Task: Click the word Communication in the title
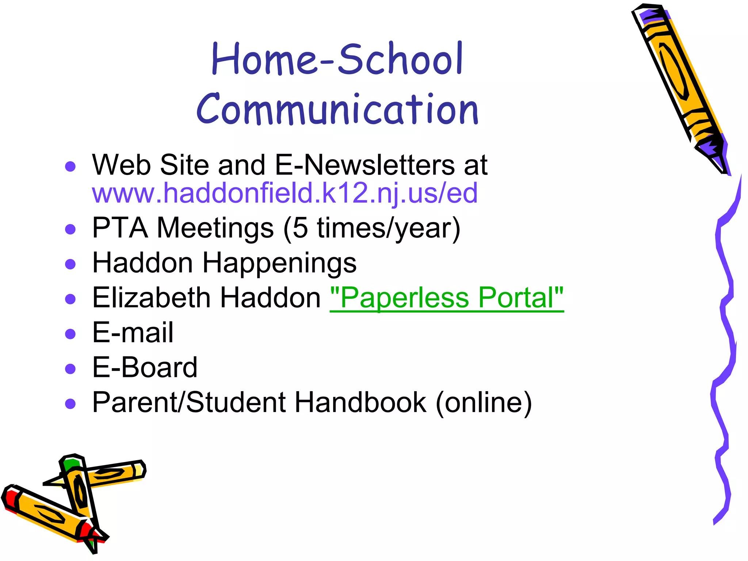[x=337, y=109]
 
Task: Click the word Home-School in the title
[x=337, y=59]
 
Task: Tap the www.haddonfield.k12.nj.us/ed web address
[x=285, y=193]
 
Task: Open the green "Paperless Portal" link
[x=447, y=298]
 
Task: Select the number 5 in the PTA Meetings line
[x=300, y=228]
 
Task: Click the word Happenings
[x=279, y=263]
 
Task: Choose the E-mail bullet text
[x=133, y=333]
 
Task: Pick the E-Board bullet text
[x=145, y=367]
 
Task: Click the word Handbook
[x=360, y=402]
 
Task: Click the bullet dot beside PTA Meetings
[x=70, y=229]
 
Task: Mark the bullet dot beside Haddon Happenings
[x=70, y=264]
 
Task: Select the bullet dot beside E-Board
[x=70, y=369]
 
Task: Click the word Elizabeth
[x=152, y=298]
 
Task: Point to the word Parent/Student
[x=189, y=402]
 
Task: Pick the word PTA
[x=120, y=228]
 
